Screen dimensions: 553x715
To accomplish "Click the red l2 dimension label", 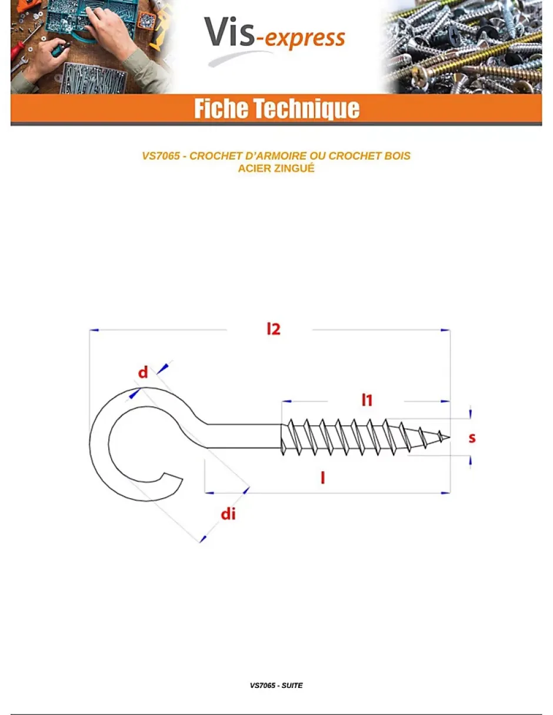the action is click(274, 329).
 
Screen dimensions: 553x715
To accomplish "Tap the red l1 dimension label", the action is click(367, 400).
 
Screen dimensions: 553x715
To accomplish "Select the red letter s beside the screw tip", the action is click(472, 438).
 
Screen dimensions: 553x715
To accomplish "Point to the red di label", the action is click(228, 514).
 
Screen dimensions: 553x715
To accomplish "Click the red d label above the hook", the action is click(143, 372).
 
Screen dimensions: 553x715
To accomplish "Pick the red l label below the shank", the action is click(322, 478).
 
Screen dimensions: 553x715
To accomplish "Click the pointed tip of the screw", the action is click(449, 437).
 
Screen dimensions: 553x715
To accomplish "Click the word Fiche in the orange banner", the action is click(221, 108).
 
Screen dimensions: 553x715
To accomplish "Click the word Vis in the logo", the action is click(229, 32).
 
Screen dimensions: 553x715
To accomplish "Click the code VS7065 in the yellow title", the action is click(161, 156).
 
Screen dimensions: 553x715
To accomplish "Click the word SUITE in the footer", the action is click(292, 686).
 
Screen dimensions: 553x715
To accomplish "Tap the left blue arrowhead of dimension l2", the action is click(94, 330).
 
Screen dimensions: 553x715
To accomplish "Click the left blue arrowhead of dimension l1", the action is click(287, 401).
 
